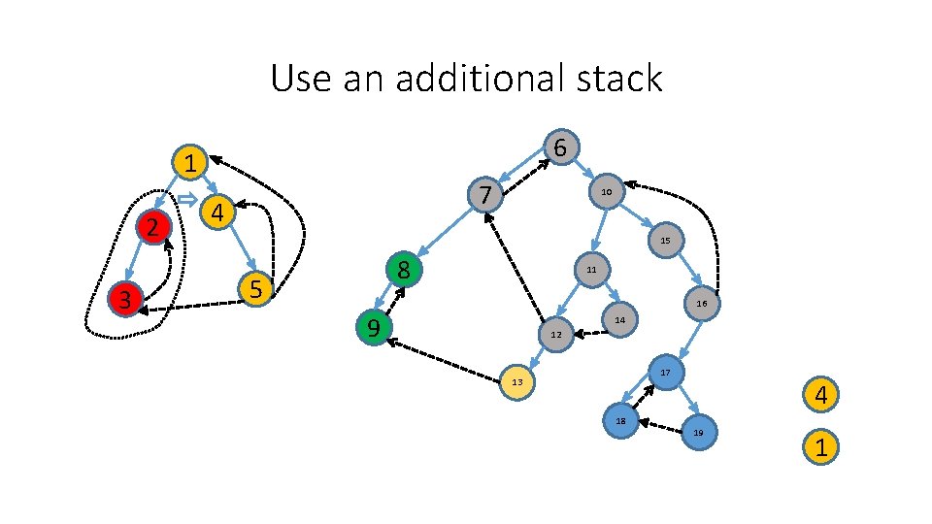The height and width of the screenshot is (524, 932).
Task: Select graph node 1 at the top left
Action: pos(191,163)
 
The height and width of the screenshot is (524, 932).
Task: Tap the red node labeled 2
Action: pos(152,227)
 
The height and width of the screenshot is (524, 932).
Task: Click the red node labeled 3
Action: pos(125,299)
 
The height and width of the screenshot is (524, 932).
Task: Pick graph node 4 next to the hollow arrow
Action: pos(218,212)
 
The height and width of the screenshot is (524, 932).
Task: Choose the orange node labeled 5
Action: pos(255,288)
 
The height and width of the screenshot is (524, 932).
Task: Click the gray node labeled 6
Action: pos(560,147)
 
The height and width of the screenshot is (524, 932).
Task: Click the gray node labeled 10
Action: pos(605,192)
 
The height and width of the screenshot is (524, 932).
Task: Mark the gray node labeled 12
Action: pos(555,335)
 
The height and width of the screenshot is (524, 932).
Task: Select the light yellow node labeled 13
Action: pos(517,381)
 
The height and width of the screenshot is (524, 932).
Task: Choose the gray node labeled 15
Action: pos(664,240)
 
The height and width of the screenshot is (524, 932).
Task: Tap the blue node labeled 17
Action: pos(665,373)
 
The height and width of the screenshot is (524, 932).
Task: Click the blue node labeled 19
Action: pos(698,432)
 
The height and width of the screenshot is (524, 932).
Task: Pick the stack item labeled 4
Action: pos(820,396)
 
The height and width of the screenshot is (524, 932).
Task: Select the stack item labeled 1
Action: pos(820,447)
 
